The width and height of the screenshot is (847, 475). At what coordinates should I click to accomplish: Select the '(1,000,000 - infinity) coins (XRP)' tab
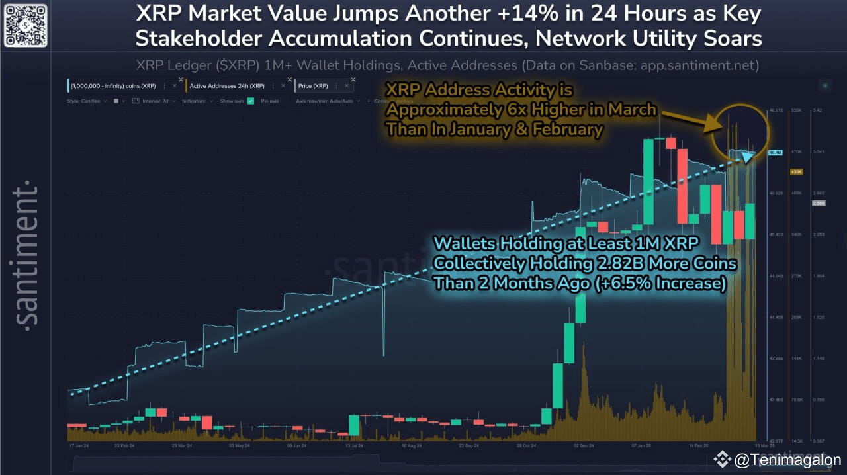(x=113, y=86)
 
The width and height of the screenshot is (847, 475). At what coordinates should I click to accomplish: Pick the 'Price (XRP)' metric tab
(x=312, y=86)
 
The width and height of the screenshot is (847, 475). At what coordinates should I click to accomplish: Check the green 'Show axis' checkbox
(x=251, y=101)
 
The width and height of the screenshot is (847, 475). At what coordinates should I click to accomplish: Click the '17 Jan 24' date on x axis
(x=79, y=446)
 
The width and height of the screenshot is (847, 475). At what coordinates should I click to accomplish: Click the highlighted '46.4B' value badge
(x=775, y=153)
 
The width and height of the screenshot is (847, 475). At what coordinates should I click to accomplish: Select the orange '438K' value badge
(x=797, y=172)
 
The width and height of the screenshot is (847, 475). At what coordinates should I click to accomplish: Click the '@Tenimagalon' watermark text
(x=787, y=460)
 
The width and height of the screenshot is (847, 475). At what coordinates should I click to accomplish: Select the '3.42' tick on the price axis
(x=817, y=110)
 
